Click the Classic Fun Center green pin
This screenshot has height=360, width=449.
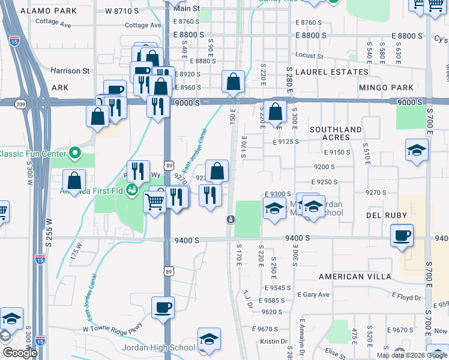coord(75,154)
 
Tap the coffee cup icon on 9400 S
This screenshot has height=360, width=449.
coord(402,235)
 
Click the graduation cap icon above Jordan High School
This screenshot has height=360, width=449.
coord(209,338)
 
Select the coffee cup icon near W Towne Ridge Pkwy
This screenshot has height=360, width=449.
coord(163,307)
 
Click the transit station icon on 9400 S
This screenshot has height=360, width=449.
coord(230,219)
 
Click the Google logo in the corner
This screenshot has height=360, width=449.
coord(20,353)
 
